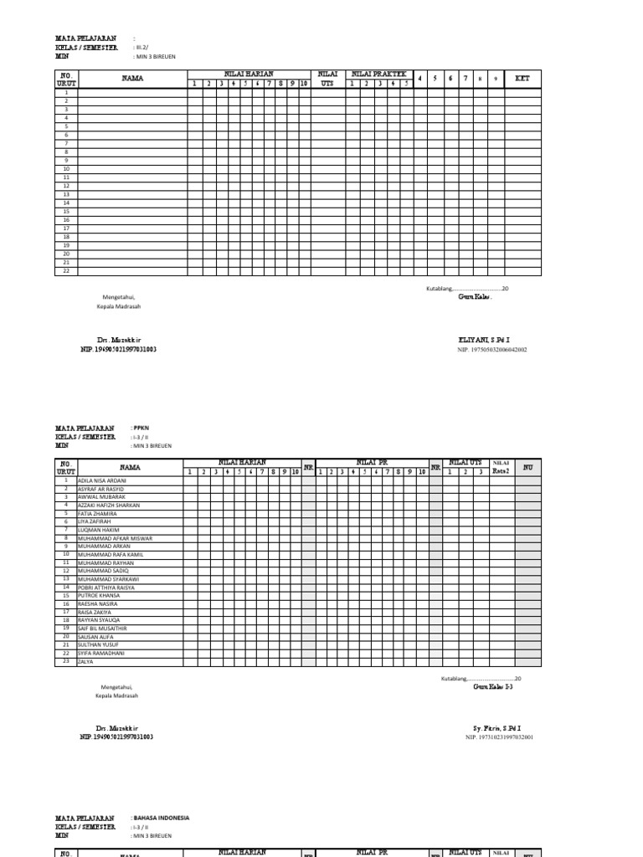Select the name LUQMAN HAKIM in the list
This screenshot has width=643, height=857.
pyautogui.click(x=98, y=530)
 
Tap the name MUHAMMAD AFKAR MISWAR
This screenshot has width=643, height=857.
pyautogui.click(x=110, y=538)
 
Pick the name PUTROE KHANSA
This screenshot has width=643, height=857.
pyautogui.click(x=99, y=596)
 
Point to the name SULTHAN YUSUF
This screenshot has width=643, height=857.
pyautogui.click(x=98, y=645)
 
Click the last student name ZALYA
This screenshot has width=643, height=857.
pyautogui.click(x=86, y=661)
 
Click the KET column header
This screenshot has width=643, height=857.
pyautogui.click(x=522, y=79)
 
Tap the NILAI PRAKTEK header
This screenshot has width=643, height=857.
pyautogui.click(x=378, y=74)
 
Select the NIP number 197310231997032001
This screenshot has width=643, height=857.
pyautogui.click(x=499, y=737)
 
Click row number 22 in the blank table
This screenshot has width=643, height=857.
pyautogui.click(x=65, y=271)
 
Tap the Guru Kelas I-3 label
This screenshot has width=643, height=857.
pyautogui.click(x=493, y=686)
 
